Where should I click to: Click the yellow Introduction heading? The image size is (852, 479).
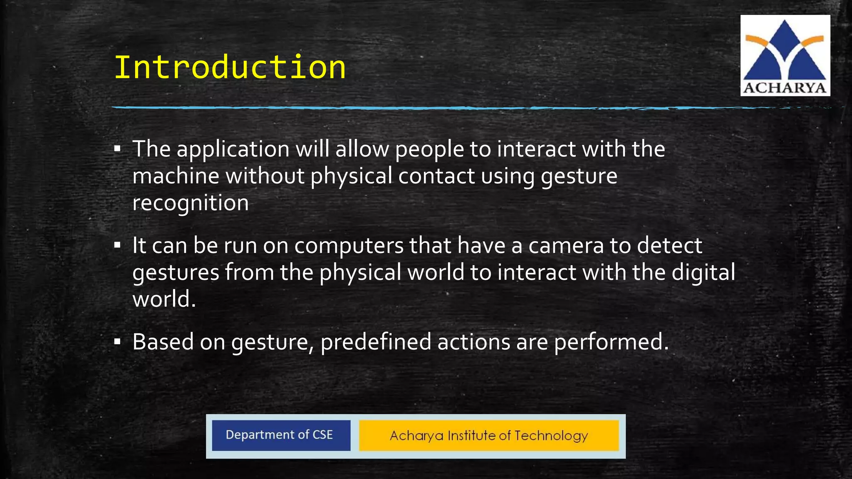click(230, 67)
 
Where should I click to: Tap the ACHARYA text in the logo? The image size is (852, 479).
click(785, 88)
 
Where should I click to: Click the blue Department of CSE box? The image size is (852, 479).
click(281, 435)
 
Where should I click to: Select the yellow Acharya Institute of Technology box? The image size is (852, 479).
click(489, 435)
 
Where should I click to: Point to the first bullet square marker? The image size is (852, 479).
click(117, 149)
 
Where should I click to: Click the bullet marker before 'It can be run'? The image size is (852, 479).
click(117, 245)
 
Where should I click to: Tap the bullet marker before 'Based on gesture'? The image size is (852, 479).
click(117, 342)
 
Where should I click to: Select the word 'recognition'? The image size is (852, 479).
click(190, 203)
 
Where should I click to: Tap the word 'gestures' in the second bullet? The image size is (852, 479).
click(176, 273)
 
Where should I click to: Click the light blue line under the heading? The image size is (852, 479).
click(416, 108)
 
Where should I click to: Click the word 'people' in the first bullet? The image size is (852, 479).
click(429, 150)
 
